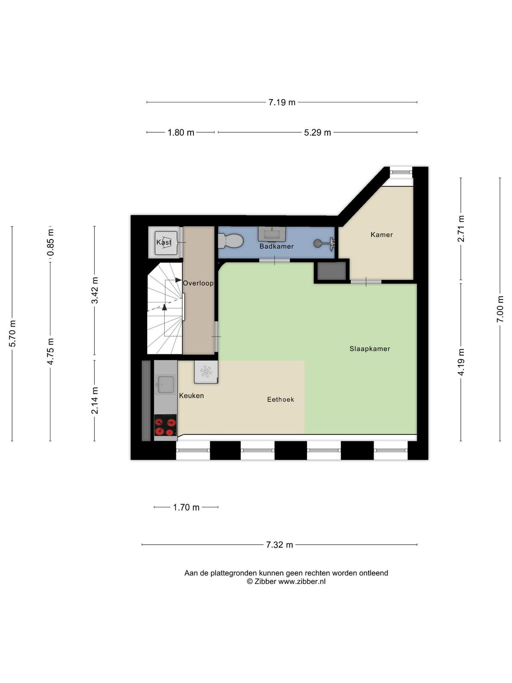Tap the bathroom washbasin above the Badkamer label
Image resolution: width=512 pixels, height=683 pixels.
(272, 234)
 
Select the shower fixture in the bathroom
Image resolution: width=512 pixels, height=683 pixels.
(324, 243)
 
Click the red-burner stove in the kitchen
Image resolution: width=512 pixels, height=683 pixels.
(166, 427)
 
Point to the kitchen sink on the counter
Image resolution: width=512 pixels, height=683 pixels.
(166, 385)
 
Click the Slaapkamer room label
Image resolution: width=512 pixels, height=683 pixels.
(369, 349)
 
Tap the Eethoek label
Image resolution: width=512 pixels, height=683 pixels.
(280, 400)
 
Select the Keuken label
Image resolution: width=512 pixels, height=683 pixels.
(192, 396)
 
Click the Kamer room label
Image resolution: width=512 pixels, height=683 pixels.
(381, 235)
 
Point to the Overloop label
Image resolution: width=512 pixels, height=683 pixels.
(198, 283)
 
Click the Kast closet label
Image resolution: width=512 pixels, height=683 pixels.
(164, 242)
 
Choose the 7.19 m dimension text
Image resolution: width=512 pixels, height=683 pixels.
(282, 102)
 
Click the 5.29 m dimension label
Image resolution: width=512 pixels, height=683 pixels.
(317, 133)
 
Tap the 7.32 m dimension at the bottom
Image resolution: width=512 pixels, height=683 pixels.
(279, 545)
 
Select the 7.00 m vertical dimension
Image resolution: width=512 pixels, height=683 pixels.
(500, 309)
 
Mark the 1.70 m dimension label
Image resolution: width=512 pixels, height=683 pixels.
(186, 507)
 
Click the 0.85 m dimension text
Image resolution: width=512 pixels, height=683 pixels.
(50, 242)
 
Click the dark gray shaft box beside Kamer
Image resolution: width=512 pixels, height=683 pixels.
(332, 271)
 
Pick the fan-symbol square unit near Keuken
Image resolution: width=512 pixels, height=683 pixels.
(206, 371)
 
